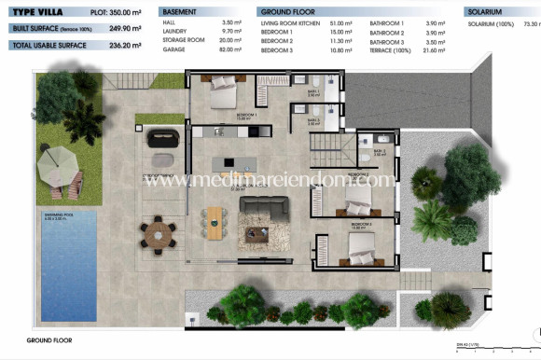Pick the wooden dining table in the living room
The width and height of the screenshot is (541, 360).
click(216, 220)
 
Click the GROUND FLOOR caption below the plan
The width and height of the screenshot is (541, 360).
click(49, 341)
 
